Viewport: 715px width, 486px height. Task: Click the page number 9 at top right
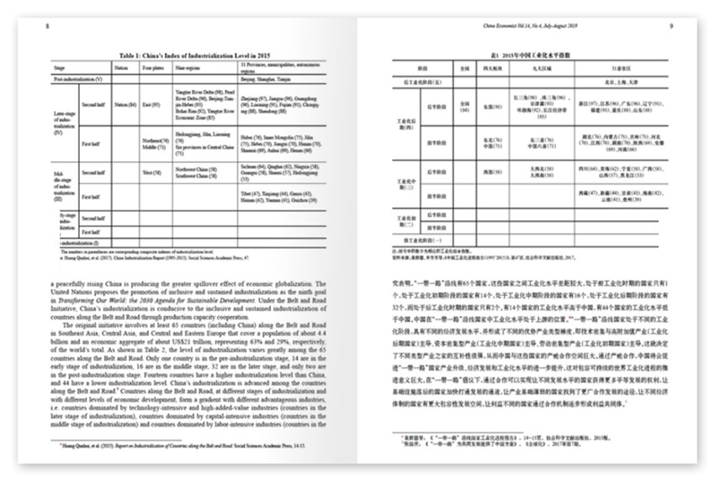pos(672,26)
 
